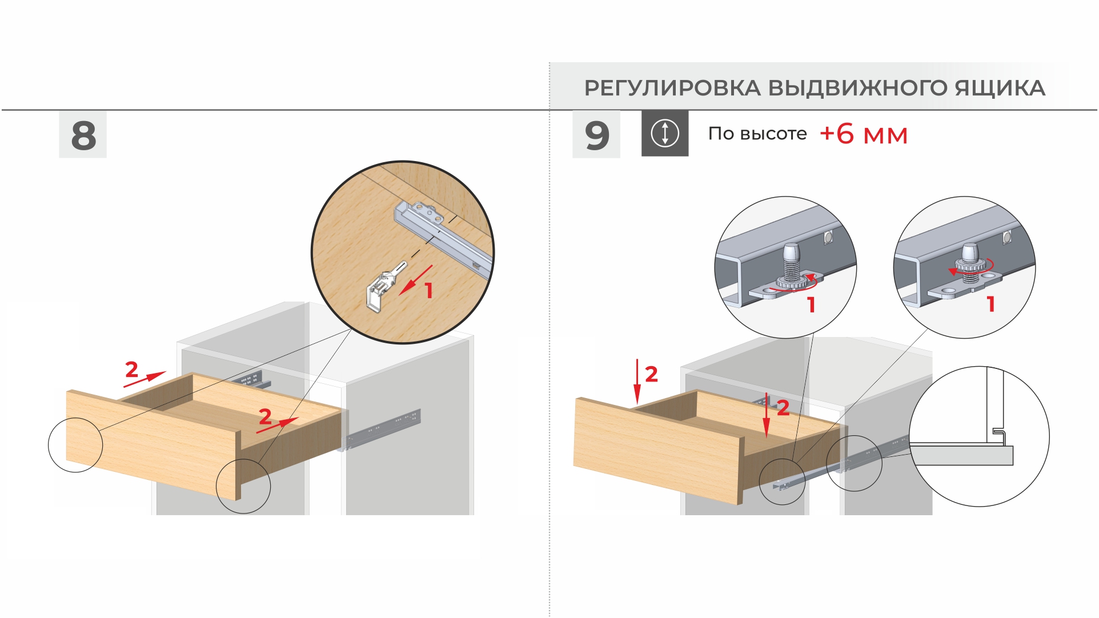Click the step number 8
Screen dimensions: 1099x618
coord(83,135)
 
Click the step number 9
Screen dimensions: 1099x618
coord(597,135)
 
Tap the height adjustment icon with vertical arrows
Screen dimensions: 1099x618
coord(665,133)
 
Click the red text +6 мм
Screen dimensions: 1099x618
coord(863,134)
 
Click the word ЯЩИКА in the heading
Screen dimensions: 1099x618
coord(1000,89)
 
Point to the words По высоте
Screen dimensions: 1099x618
coord(757,134)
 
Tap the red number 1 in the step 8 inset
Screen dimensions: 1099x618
coord(428,290)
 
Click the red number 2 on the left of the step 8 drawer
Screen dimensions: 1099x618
coord(131,370)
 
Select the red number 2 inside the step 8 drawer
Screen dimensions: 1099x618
coord(265,416)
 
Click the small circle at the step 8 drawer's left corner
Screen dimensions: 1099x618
coord(75,445)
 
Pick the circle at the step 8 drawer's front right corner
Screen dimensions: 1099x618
coord(243,486)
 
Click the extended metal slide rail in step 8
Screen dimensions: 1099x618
coord(383,428)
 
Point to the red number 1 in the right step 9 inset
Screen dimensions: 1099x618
coord(991,304)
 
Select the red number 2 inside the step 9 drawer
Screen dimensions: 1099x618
coord(783,407)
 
